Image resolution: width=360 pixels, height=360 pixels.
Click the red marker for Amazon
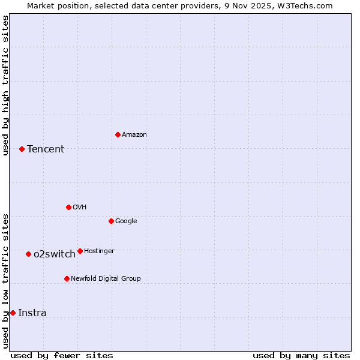pos(118,134)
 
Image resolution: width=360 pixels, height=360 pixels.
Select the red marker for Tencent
pos(22,149)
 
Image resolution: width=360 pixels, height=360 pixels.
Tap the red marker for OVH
pos(68,207)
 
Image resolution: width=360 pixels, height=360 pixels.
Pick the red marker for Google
pos(111,221)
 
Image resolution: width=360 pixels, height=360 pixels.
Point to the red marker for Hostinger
pos(80,251)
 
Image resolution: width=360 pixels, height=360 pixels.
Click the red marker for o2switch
pos(28,254)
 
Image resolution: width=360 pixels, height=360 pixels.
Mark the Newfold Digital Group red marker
pos(67,278)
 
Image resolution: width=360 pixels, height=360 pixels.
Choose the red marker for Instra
pos(13,313)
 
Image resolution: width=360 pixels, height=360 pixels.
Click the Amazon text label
pos(134,135)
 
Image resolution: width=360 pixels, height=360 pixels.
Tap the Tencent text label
pos(46,149)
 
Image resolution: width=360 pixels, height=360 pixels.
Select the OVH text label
pos(80,208)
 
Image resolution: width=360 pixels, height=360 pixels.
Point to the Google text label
pos(126,221)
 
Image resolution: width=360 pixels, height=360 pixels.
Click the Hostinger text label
pos(99,251)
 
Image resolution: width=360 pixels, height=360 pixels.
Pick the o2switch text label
pos(55,254)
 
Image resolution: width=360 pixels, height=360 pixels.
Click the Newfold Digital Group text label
pos(106,279)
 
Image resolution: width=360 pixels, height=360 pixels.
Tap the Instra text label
pos(32,313)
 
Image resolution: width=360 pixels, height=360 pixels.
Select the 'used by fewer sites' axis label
pos(62,355)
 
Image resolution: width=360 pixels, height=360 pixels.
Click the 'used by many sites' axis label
pos(301,355)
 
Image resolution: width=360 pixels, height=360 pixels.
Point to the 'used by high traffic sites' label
pos(6,85)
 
